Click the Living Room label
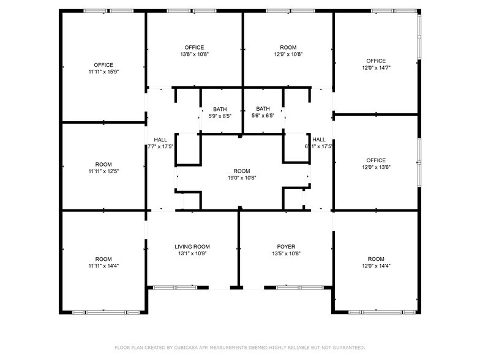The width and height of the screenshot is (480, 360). pos(192,246)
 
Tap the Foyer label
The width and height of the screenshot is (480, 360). pos(286,246)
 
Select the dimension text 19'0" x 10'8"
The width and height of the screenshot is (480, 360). pos(242,178)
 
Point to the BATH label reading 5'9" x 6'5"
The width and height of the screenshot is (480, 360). pos(219,108)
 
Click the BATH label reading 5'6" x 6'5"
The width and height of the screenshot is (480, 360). pos(263,108)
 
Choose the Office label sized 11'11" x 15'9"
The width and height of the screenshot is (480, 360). pos(103,65)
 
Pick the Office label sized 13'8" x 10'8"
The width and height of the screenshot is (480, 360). pos(194,47)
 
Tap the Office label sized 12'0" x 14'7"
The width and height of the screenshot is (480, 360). pos(376,61)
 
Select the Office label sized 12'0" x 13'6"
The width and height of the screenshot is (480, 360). pos(376,160)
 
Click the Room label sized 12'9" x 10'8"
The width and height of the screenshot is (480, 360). pos(288,47)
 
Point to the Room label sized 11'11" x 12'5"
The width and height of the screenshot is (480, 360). pos(103,164)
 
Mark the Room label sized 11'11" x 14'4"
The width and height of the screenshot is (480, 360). pos(103,259)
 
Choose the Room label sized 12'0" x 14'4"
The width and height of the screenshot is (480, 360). pos(376,259)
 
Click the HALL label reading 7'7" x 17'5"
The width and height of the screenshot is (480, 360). pos(160,140)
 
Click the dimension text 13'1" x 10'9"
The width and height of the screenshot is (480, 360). pos(192,253)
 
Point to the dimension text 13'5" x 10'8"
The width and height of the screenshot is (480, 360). pos(286,253)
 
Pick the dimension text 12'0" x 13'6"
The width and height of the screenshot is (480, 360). pos(376,167)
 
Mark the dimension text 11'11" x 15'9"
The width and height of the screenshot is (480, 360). pos(103,72)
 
